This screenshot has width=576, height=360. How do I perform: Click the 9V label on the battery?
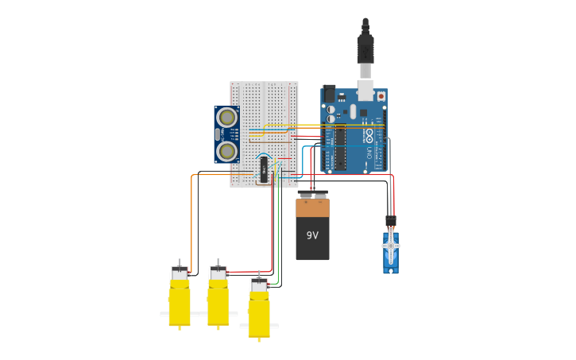[312, 235]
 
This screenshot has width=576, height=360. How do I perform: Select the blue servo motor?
[390, 253]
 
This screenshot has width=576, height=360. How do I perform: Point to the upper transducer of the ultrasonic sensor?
[227, 118]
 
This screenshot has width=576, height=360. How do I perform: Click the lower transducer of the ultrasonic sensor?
[227, 150]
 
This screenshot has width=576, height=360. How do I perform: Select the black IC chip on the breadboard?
[264, 169]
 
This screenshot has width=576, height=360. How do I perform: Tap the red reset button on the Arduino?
[381, 96]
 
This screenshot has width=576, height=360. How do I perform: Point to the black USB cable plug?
[365, 48]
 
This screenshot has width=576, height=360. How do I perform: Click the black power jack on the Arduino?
[328, 94]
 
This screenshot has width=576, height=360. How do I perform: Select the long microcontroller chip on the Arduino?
[340, 148]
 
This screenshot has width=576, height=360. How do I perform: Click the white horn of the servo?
[390, 246]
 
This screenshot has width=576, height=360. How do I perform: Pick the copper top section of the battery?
[312, 208]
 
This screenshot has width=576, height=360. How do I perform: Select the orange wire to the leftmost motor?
[191, 223]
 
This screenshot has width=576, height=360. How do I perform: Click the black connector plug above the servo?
[390, 221]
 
